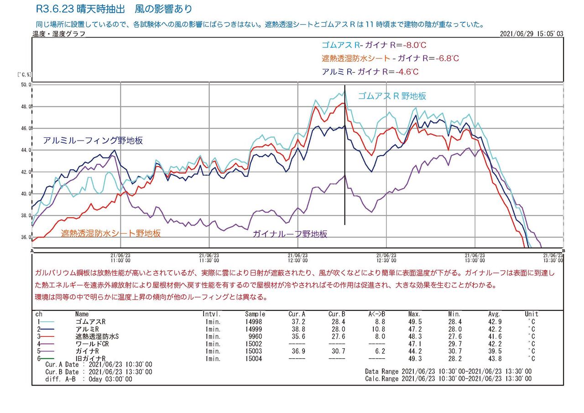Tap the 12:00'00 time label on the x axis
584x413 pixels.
coord(298,258)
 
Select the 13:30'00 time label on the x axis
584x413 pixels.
coord(553,258)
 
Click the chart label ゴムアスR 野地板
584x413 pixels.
coord(392,96)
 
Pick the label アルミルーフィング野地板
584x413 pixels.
coord(93,141)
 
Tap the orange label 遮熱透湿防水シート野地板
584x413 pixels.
coord(111,233)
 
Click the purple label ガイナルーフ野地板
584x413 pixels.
coord(290,234)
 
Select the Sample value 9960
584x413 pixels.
coord(255,336)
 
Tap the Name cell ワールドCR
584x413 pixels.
coord(92,344)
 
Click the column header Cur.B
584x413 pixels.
coord(337,314)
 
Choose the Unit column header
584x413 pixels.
coord(532,314)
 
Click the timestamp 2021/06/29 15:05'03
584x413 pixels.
coord(532,34)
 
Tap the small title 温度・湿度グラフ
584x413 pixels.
coord(58,34)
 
